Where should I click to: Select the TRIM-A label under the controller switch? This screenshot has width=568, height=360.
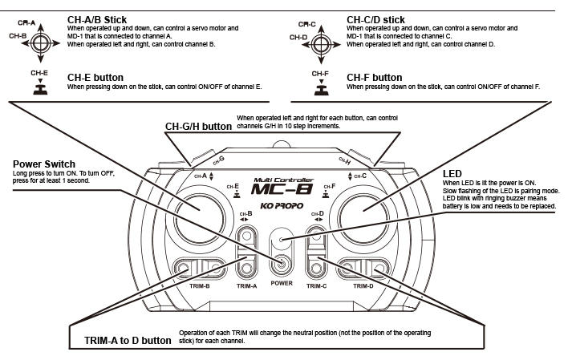[x=246, y=285]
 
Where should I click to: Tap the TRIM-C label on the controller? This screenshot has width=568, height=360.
[x=316, y=285]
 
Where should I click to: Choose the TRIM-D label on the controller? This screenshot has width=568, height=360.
[x=363, y=285]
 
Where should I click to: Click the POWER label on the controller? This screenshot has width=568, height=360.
[x=282, y=283]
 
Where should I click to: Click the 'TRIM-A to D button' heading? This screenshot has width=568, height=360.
[x=128, y=340]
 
